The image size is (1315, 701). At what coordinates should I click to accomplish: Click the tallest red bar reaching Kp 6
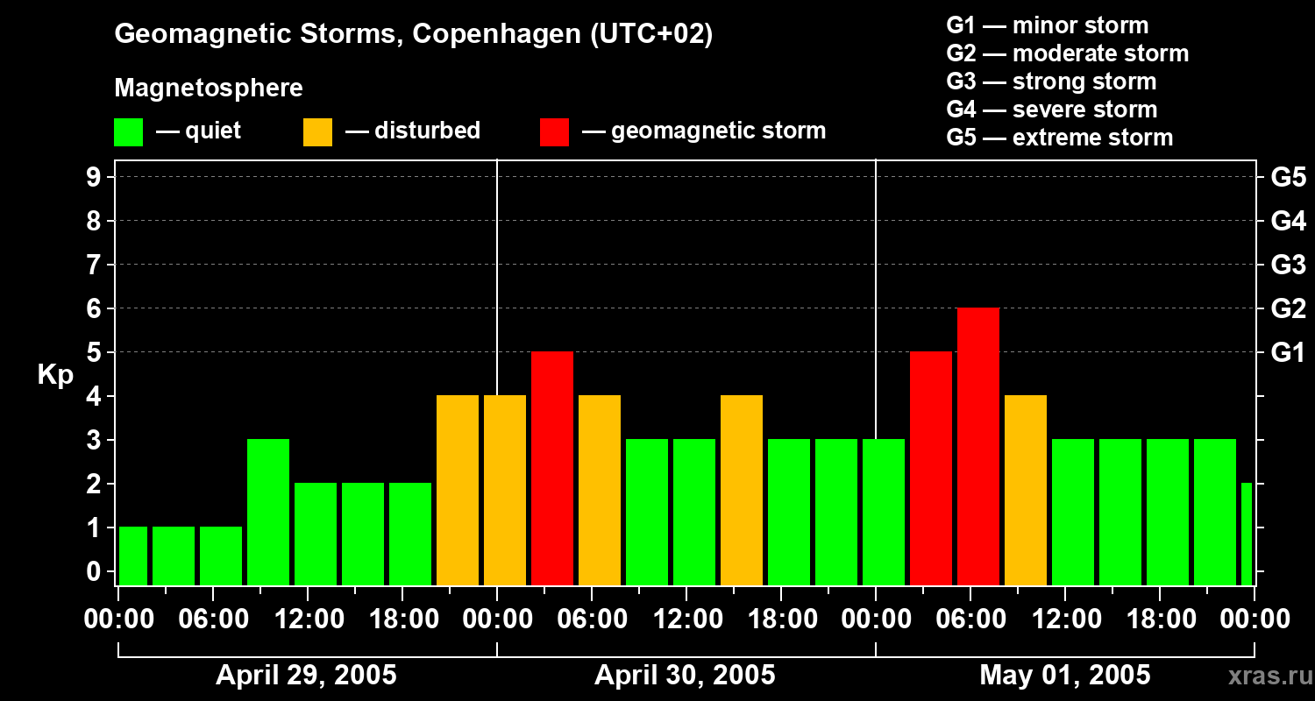[978, 447]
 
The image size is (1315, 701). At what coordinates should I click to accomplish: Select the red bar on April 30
[552, 469]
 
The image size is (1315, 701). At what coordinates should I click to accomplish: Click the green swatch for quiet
[128, 132]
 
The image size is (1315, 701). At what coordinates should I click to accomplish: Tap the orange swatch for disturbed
[317, 132]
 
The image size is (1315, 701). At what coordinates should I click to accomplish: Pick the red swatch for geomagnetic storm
[554, 132]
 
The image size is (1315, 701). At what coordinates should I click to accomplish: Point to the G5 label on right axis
[1288, 178]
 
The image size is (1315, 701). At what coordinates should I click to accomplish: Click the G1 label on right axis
[1288, 353]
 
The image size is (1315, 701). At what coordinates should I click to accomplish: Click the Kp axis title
[55, 375]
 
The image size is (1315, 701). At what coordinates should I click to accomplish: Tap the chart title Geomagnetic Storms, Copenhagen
[413, 34]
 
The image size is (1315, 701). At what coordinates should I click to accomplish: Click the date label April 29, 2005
[306, 676]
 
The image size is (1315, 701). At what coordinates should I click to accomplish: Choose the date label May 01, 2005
[1064, 676]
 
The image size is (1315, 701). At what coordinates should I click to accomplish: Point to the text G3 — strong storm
[1051, 81]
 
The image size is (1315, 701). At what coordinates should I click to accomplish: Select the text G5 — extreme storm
[1059, 138]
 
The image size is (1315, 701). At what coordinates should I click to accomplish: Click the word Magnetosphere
[209, 89]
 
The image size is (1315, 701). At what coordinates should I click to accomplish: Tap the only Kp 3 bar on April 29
[268, 513]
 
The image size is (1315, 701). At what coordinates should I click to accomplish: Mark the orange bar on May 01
[1026, 491]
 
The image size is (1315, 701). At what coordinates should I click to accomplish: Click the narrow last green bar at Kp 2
[1247, 535]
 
